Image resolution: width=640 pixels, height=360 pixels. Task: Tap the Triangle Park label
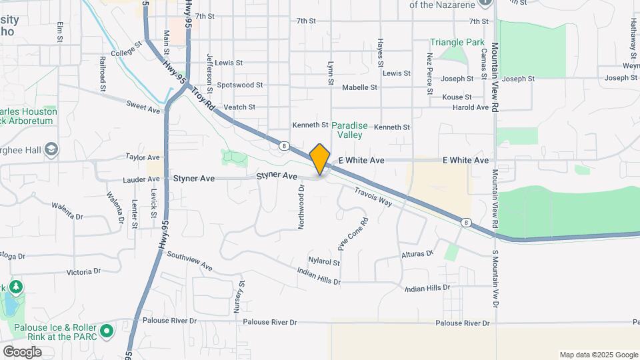(x=457, y=42)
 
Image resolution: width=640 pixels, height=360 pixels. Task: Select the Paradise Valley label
(x=347, y=129)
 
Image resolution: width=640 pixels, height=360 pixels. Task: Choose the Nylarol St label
(x=324, y=262)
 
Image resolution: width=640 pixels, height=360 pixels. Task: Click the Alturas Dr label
(x=417, y=254)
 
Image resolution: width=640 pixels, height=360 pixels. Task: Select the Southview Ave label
(x=189, y=261)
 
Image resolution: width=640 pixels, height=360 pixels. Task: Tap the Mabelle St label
(x=359, y=87)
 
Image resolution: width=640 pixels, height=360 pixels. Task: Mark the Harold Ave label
(x=471, y=107)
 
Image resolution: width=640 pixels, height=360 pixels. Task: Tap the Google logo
(x=22, y=351)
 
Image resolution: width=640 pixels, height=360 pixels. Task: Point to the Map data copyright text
(x=597, y=355)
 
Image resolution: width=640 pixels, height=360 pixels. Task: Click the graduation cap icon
(x=50, y=151)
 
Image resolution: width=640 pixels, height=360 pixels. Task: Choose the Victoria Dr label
(x=83, y=271)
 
